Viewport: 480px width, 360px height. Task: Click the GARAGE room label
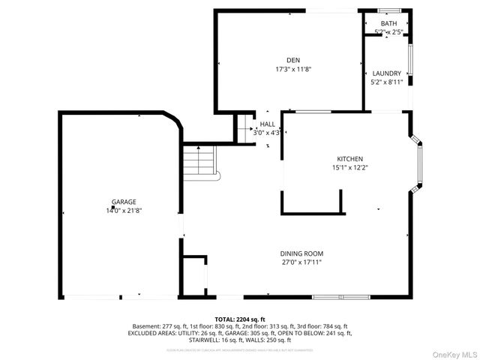(124, 202)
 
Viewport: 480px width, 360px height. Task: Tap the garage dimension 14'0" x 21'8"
(124, 211)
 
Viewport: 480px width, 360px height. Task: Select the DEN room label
(293, 60)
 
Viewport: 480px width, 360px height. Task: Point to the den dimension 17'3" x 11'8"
(293, 69)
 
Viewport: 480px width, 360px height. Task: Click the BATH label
(388, 24)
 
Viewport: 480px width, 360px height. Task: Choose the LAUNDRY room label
(386, 73)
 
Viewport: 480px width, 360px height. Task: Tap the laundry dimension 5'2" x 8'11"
(386, 82)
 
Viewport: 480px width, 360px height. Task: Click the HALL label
(267, 124)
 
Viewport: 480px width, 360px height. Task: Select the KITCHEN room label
(349, 159)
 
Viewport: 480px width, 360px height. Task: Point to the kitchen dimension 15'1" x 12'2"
(349, 168)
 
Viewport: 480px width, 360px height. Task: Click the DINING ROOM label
(301, 253)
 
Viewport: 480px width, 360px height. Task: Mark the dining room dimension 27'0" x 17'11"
(301, 262)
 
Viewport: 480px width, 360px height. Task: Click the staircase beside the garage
(200, 162)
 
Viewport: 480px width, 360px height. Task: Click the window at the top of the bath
(388, 10)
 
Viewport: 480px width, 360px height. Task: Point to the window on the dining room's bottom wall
(341, 298)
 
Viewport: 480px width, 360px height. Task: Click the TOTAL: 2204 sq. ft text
(240, 319)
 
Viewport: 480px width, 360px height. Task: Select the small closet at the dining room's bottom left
(195, 275)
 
